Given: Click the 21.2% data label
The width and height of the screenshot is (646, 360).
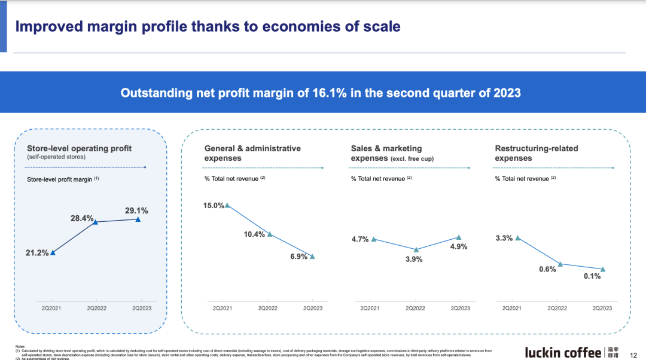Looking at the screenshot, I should pos(37,253).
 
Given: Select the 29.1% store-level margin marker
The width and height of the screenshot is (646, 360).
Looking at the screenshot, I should pos(138,219).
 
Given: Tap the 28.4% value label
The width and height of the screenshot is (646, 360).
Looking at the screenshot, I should pos(82,218).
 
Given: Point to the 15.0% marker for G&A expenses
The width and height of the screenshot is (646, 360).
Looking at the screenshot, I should pos(227,205).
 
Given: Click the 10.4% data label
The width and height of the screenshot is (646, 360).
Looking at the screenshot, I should pos(254,234).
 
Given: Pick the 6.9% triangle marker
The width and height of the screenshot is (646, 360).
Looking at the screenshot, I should pos(312,257).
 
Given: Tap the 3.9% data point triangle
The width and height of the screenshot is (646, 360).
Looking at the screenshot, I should pos(416,249).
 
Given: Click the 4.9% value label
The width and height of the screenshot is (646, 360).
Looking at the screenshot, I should pos(459,246).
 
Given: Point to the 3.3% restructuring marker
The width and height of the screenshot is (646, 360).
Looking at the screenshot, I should pos(517,237).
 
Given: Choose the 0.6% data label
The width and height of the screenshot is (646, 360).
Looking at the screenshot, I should pos(547,269).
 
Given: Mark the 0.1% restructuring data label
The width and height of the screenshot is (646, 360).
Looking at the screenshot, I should pos(592,276).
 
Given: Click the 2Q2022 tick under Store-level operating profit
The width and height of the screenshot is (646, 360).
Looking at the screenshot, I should pos(96,308).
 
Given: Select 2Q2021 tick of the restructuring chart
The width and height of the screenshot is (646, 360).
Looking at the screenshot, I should pos(511,308).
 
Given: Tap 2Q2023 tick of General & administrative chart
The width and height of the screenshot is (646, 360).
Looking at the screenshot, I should pos(313,308).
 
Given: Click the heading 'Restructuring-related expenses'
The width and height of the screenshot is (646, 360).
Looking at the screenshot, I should pos(536,153).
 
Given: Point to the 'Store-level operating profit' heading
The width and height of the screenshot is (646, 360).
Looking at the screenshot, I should pos(79,148).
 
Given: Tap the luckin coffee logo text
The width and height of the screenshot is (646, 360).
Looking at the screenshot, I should pos(563,352).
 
